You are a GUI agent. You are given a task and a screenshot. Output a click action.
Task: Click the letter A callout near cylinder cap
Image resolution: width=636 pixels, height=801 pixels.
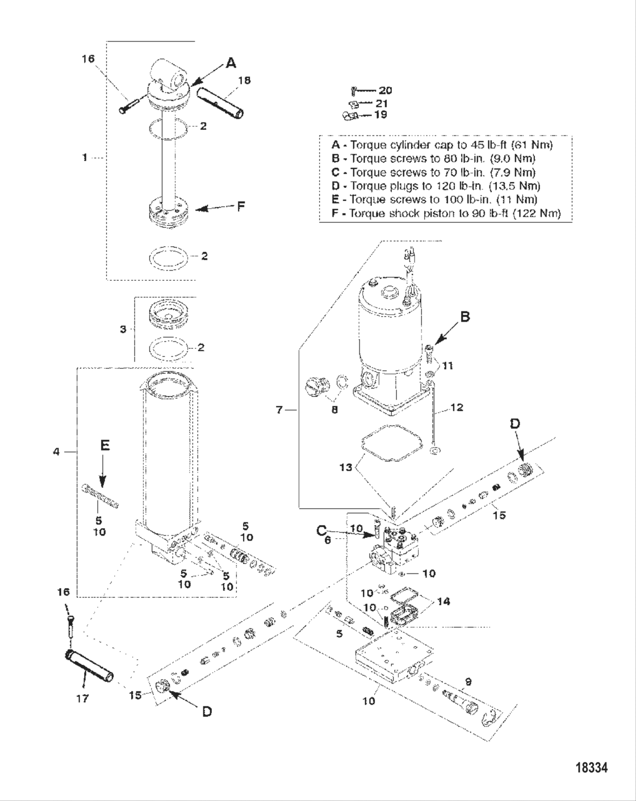pos(231,63)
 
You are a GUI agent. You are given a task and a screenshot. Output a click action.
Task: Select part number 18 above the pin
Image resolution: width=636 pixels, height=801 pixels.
pos(244,81)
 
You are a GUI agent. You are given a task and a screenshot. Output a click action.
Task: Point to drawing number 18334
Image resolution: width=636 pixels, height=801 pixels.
pos(592,768)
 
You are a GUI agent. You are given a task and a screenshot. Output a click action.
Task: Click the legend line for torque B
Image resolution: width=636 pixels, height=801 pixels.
pos(434,158)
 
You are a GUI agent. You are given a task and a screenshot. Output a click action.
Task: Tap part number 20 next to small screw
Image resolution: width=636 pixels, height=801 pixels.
pos(385,90)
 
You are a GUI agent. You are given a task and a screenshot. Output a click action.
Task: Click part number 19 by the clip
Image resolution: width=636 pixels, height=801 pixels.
pos(380,115)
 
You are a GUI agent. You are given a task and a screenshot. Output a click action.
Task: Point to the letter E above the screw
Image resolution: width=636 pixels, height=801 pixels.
pos(104,446)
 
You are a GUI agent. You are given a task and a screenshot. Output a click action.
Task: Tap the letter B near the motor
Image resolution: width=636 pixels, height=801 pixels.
pos(465,317)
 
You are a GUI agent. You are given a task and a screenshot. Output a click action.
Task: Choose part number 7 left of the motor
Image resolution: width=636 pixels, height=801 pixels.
pos(279,409)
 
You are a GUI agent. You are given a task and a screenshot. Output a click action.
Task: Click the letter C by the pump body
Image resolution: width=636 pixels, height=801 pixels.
pos(321,531)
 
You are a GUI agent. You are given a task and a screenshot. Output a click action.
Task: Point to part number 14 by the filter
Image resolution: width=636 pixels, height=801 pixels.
pos(443,601)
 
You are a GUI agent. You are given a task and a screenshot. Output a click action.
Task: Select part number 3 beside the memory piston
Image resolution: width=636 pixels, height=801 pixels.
pos(123,329)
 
